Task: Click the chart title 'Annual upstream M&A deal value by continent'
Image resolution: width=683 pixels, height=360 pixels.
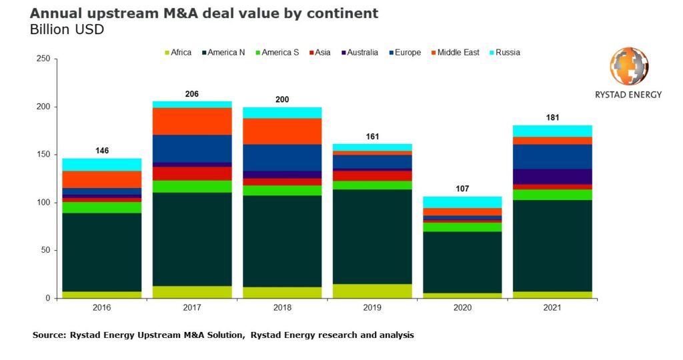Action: click(x=204, y=13)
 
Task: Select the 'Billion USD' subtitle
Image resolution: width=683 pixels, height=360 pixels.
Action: click(x=67, y=30)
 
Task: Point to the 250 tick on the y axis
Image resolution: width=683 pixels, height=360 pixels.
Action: click(x=43, y=59)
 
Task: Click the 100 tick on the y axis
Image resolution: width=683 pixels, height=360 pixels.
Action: click(x=43, y=203)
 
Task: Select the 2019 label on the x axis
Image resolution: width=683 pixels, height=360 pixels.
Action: click(x=372, y=308)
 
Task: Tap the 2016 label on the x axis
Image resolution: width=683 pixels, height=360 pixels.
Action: click(x=102, y=308)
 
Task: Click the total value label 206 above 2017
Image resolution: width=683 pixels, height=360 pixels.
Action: click(x=192, y=94)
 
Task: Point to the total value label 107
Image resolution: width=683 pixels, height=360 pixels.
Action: click(x=462, y=189)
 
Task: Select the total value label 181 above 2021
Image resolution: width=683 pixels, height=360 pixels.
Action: click(x=552, y=118)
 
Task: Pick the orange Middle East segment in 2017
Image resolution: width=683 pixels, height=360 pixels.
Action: click(x=192, y=121)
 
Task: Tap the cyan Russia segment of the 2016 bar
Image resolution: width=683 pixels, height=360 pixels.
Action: click(x=102, y=165)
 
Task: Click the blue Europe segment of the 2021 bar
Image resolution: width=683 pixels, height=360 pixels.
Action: click(x=552, y=157)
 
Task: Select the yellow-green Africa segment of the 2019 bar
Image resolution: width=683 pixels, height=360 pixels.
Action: click(x=372, y=291)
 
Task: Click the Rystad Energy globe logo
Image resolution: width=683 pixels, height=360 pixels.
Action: click(x=629, y=67)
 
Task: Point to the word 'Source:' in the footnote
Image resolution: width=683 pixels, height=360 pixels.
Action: click(x=49, y=335)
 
